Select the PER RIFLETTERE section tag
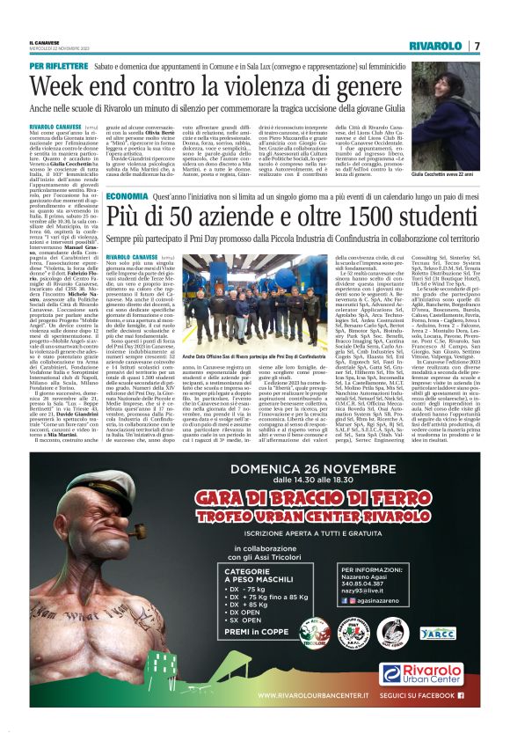pyautogui.click(x=59, y=66)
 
